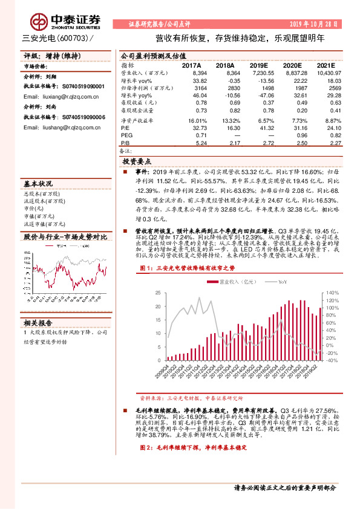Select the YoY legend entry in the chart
(280, 282)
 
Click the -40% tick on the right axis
(332, 360)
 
